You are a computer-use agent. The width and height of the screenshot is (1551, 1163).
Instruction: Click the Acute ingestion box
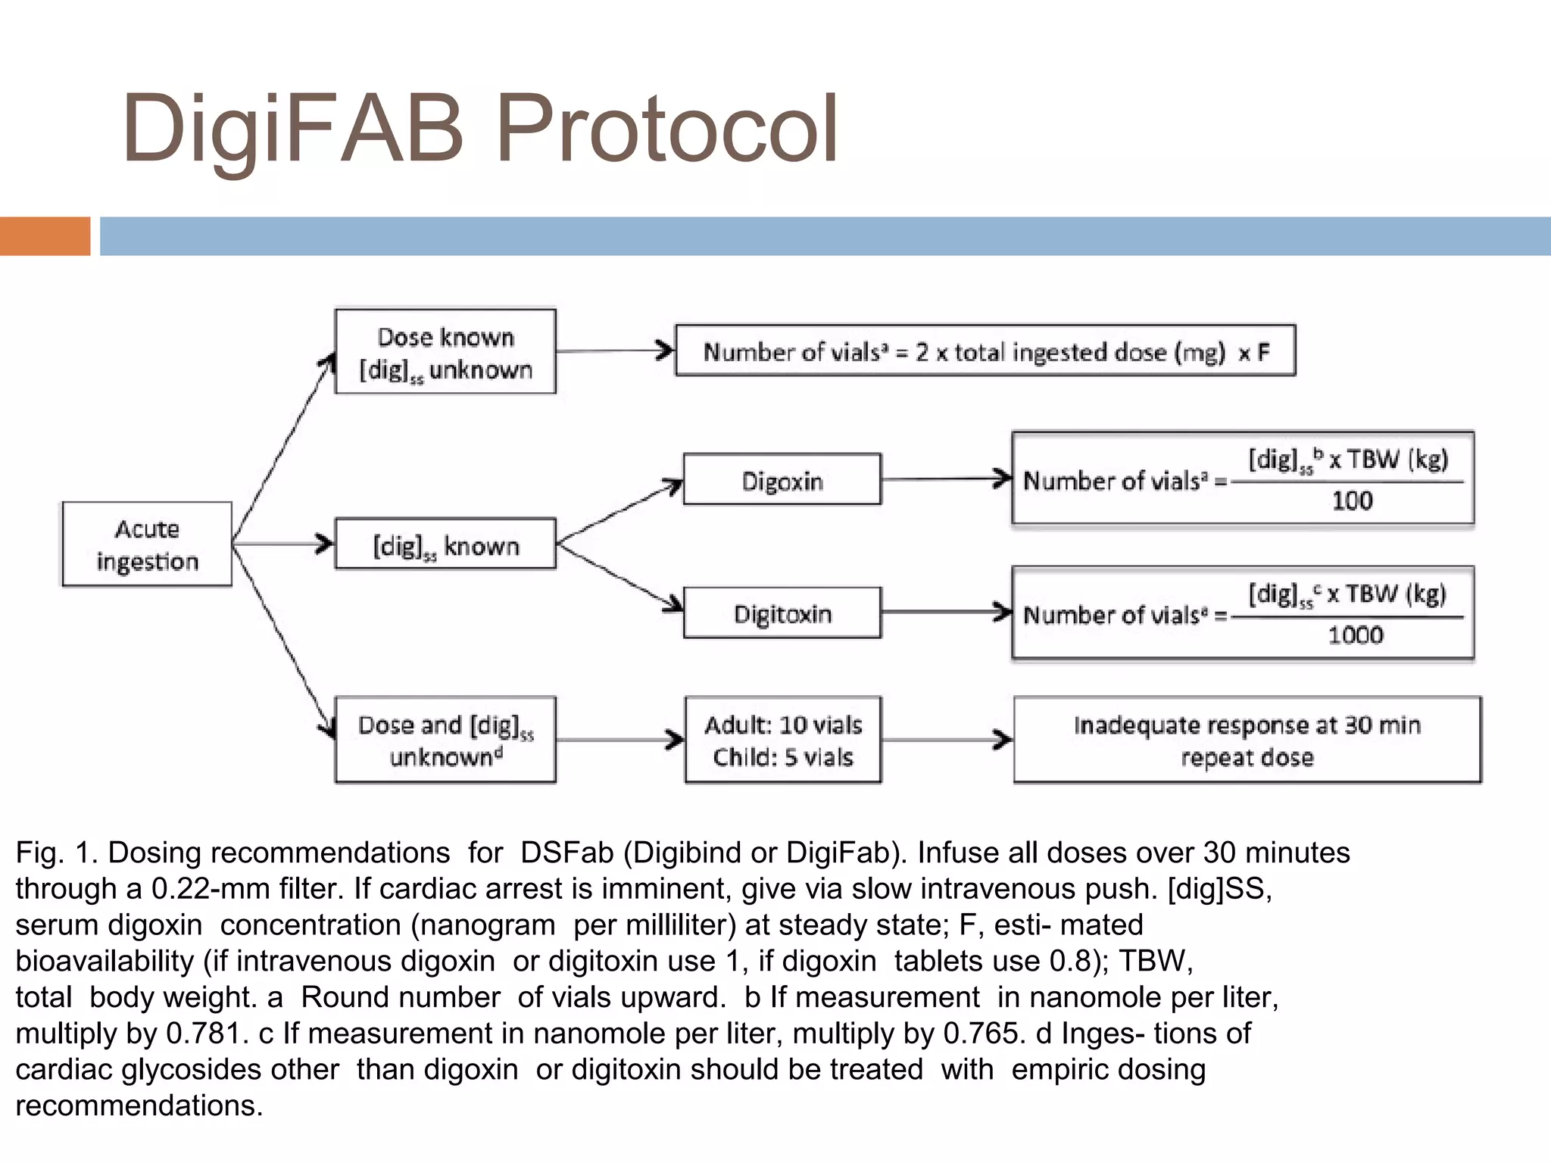tap(147, 544)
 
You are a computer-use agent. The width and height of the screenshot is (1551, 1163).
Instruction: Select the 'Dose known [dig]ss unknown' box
tap(445, 351)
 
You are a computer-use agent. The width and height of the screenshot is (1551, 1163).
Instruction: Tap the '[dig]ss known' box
tap(445, 544)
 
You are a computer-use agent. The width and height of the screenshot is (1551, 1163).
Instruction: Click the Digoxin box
tap(782, 480)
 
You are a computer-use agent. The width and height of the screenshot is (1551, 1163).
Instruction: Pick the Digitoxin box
tap(782, 613)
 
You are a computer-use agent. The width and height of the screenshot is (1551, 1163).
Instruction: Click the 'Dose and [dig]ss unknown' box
tap(445, 740)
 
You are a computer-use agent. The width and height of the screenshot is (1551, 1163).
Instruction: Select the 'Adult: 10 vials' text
tap(783, 725)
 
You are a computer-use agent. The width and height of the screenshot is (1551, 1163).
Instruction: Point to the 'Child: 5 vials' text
tap(783, 757)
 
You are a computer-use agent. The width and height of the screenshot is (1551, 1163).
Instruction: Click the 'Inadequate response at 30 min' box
tap(1247, 740)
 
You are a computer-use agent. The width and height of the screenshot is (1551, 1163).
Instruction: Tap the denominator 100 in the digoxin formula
tap(1352, 500)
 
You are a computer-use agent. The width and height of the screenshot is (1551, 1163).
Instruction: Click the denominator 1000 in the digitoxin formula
tap(1355, 635)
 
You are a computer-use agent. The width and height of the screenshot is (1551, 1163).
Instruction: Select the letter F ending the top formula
tap(1263, 352)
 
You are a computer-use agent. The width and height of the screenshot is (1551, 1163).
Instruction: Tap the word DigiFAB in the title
tap(292, 129)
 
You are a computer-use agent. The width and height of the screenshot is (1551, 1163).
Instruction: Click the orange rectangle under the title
tap(45, 236)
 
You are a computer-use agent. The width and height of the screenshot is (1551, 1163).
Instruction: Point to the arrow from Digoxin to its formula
tap(947, 479)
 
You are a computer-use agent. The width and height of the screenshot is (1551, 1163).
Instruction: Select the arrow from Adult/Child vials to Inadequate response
tap(947, 740)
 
